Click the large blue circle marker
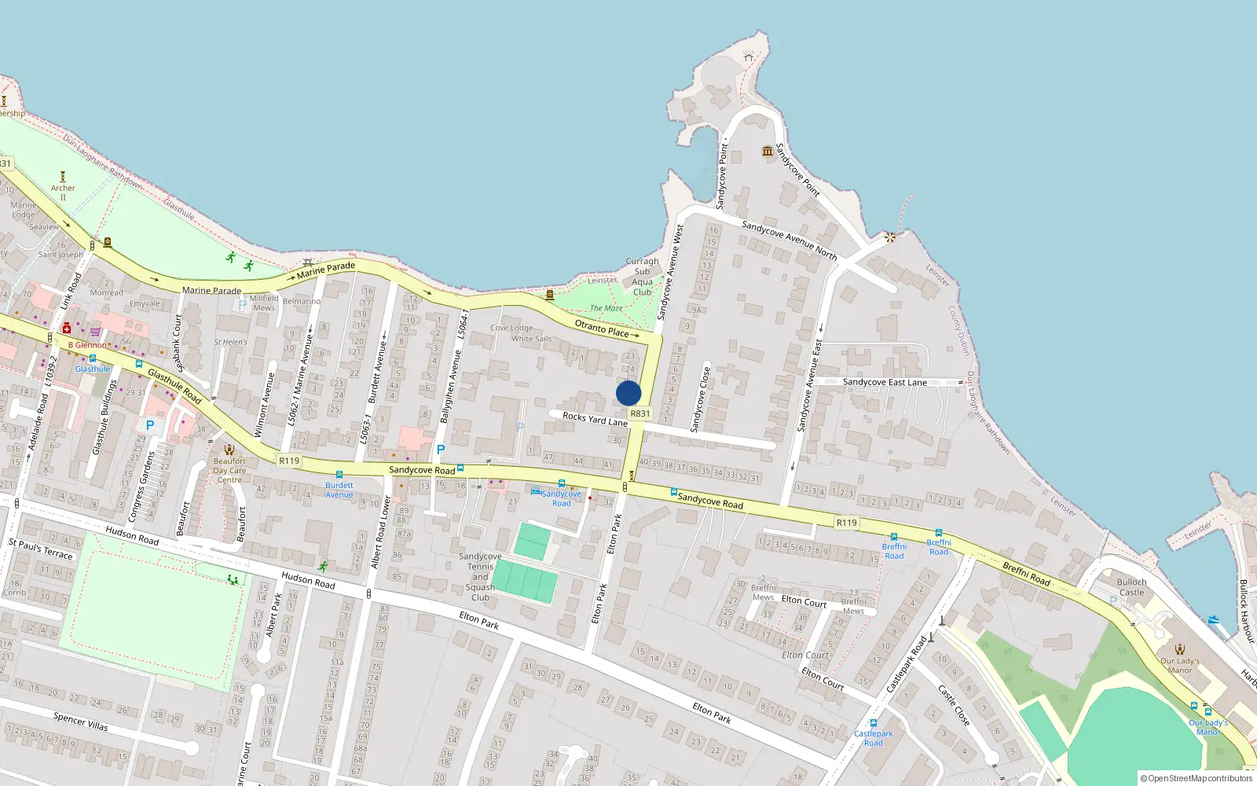pos(628,393)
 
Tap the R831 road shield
pos(640,413)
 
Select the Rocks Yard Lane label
pos(595,418)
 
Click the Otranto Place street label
pos(602,328)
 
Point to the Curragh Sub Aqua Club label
pos(643,277)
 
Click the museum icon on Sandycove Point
pos(768,151)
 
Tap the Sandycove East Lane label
pos(885,382)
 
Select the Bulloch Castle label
pos(1131,587)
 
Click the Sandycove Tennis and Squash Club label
pos(480,577)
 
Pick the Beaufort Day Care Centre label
pos(229,470)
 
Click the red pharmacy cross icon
pos(67,328)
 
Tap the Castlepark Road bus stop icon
pos(873,723)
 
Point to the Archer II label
pos(63,192)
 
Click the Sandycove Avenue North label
pos(789,240)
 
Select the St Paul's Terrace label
pos(40,549)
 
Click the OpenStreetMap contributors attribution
pos(1197,778)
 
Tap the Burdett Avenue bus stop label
pos(339,490)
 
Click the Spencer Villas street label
pos(80,721)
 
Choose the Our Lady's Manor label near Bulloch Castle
pos(1179,665)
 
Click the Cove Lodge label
pos(511,328)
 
